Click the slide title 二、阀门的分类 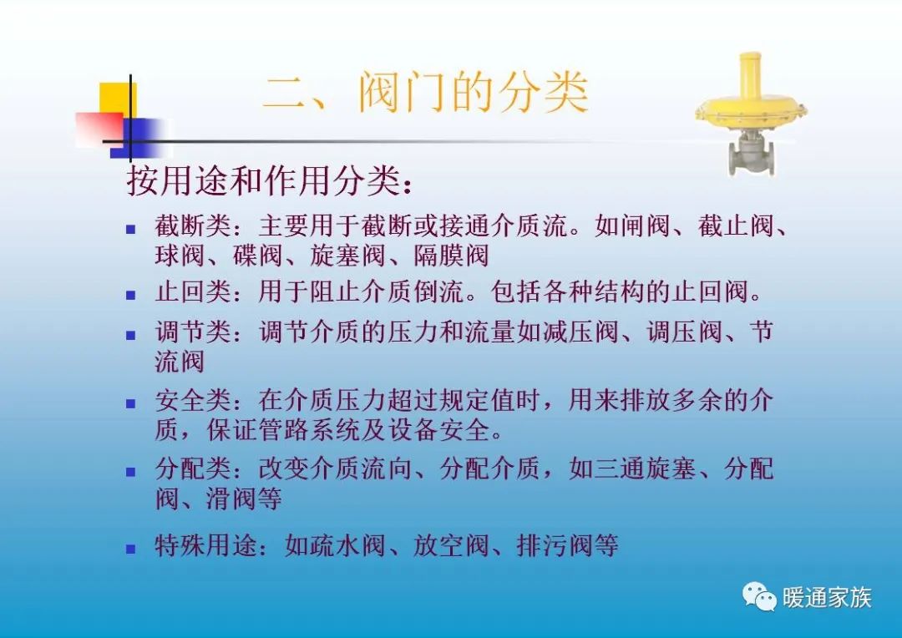click(426, 93)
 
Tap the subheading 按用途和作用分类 click(269, 181)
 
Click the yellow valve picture click(751, 114)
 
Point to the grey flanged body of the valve click(751, 154)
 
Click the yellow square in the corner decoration click(117, 98)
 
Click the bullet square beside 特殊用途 click(130, 549)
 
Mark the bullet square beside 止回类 click(130, 295)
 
